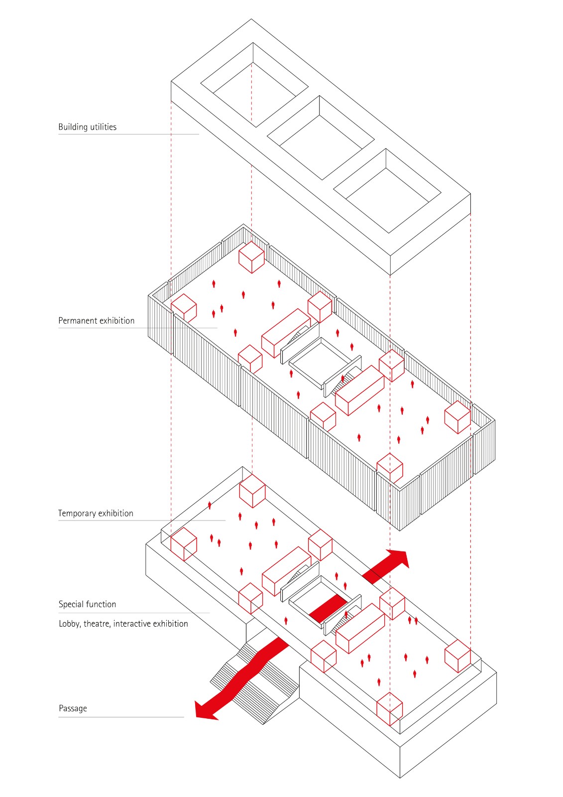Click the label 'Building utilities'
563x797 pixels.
[87, 127]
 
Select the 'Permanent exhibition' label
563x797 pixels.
[96, 321]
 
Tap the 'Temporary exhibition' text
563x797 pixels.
[96, 514]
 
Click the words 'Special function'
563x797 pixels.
[87, 604]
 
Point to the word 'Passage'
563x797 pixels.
[73, 708]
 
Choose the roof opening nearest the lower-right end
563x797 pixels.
[387, 192]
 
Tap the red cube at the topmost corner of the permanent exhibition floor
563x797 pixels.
[251, 257]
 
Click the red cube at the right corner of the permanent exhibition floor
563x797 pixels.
[457, 417]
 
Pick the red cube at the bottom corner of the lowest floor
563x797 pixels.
[389, 708]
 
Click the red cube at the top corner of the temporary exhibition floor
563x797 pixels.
[252, 490]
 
